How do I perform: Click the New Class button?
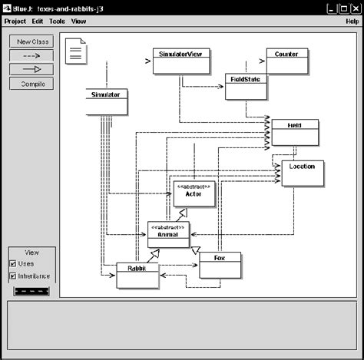(x=31, y=41)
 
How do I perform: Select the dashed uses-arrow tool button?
(x=31, y=55)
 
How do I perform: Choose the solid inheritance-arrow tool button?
(x=31, y=69)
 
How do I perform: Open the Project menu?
(x=15, y=21)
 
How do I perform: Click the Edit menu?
(x=38, y=21)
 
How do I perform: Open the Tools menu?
(x=58, y=21)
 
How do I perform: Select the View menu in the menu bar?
(x=78, y=21)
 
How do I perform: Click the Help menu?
(x=352, y=21)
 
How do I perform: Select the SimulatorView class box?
(x=177, y=61)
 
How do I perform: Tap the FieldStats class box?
(x=246, y=87)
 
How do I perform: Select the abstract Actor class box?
(x=193, y=195)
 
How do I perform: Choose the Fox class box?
(x=220, y=266)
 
